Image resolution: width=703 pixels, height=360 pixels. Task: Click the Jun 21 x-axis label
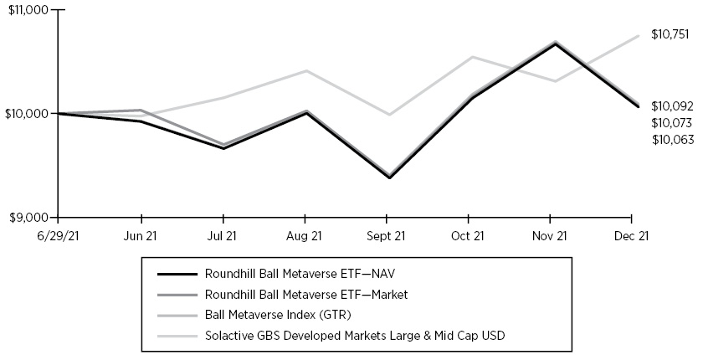pos(140,235)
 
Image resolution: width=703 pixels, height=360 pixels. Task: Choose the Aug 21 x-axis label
pos(304,235)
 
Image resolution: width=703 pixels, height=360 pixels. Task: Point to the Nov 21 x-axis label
pos(551,235)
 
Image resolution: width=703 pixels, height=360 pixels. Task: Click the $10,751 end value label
pos(670,34)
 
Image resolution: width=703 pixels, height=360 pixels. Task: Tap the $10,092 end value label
pos(673,106)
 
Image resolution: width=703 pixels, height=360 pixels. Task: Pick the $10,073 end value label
pos(673,123)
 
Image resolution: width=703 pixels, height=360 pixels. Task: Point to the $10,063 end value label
pos(673,139)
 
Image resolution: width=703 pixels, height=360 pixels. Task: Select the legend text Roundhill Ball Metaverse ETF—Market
pos(299,294)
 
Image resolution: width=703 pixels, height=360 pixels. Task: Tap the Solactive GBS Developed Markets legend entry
pos(354,336)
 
